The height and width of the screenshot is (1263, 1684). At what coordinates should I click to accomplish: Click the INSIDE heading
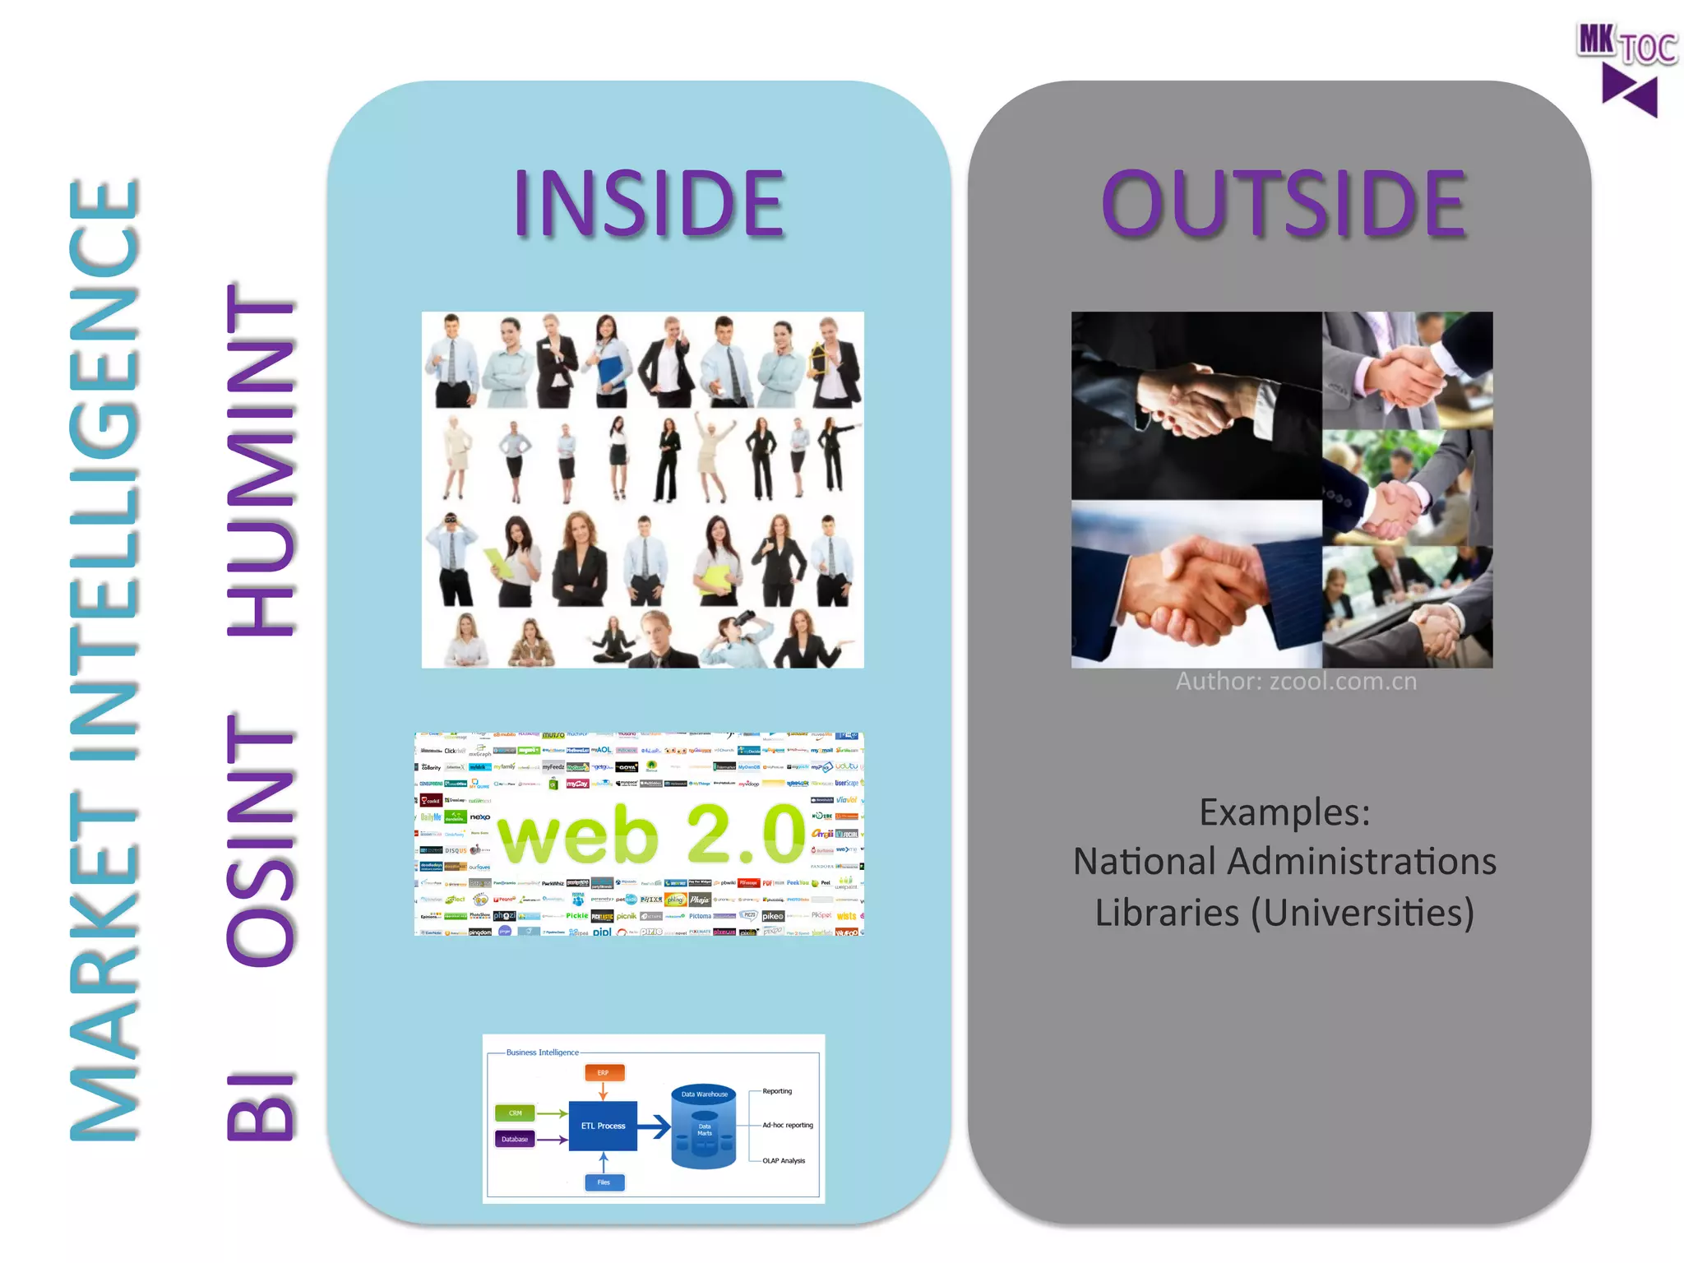pyautogui.click(x=649, y=203)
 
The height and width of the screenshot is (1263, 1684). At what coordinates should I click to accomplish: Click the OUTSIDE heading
pyautogui.click(x=1284, y=203)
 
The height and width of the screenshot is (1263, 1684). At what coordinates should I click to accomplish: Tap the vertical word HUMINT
pyautogui.click(x=261, y=460)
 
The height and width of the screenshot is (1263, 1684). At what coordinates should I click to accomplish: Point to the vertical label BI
pyautogui.click(x=261, y=1107)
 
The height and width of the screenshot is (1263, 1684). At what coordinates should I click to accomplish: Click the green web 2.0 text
pyautogui.click(x=652, y=834)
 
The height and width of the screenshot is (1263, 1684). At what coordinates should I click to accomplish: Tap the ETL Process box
pyautogui.click(x=603, y=1126)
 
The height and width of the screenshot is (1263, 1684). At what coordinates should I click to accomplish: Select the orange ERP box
pyautogui.click(x=604, y=1073)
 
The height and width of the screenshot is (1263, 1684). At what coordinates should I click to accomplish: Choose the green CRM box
pyautogui.click(x=515, y=1113)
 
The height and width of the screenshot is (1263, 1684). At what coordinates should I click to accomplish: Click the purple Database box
pyautogui.click(x=515, y=1139)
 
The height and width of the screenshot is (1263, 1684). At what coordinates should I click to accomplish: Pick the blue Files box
pyautogui.click(x=604, y=1182)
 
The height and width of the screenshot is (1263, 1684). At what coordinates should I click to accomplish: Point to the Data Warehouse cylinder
pyautogui.click(x=704, y=1126)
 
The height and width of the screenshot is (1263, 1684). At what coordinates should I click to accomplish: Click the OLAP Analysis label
pyautogui.click(x=784, y=1161)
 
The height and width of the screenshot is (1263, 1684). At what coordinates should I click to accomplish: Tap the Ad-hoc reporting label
pyautogui.click(x=788, y=1125)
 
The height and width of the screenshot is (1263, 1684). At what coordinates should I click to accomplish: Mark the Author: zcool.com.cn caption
pyautogui.click(x=1296, y=682)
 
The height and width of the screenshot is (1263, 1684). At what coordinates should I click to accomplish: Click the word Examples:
pyautogui.click(x=1284, y=812)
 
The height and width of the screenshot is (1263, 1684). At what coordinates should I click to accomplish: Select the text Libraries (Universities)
pyautogui.click(x=1284, y=913)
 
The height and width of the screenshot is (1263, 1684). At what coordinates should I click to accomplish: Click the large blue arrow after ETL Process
pyautogui.click(x=655, y=1126)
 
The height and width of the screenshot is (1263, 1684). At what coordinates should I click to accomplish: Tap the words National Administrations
pyautogui.click(x=1284, y=862)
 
